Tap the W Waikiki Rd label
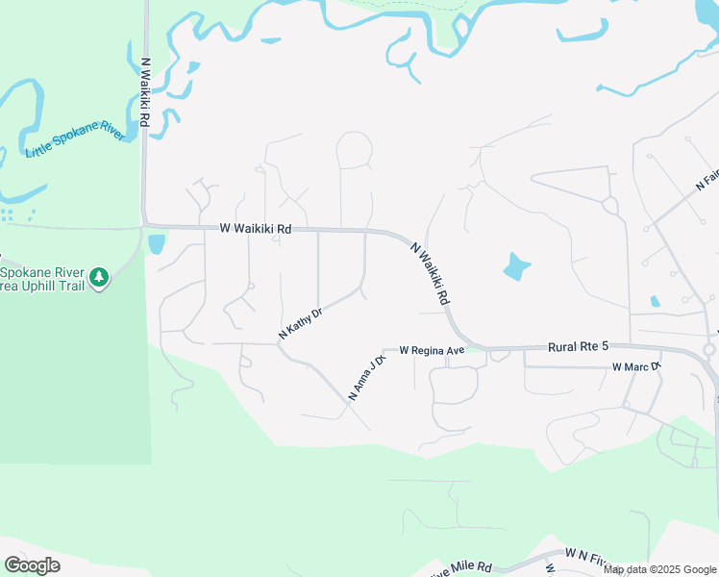click(x=255, y=229)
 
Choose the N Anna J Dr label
click(x=366, y=378)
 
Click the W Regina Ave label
click(x=432, y=350)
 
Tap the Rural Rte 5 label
click(x=579, y=346)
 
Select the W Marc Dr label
click(x=635, y=366)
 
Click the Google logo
click(x=32, y=565)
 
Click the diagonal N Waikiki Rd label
click(x=431, y=274)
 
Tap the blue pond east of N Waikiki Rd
click(x=516, y=265)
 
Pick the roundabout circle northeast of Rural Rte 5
click(x=609, y=205)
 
